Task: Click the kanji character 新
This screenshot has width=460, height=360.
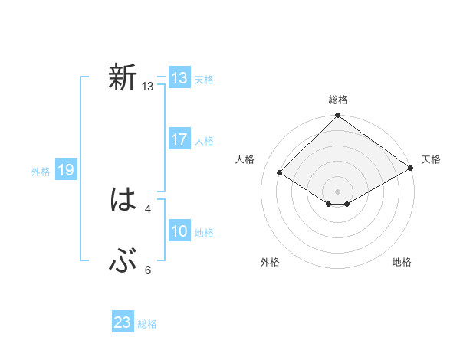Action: point(123,78)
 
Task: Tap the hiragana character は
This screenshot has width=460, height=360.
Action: point(123,201)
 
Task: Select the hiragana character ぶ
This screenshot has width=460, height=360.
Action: point(123,263)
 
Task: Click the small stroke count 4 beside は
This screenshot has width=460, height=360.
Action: point(147,208)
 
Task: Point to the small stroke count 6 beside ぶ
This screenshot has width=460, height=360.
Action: point(147,270)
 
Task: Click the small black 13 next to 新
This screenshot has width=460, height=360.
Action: point(147,87)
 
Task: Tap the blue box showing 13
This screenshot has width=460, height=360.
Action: point(179,78)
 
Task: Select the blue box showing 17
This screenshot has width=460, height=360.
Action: point(179,139)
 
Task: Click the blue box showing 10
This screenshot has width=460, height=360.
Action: point(179,232)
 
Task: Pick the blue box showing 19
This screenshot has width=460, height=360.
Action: point(66,170)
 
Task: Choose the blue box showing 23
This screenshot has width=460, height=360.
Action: point(123,322)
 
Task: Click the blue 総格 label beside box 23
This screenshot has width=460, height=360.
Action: point(147,324)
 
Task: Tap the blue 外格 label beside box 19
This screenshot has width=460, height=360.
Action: point(41,172)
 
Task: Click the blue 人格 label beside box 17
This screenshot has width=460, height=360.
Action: point(204,141)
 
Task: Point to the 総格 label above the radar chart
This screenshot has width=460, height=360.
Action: point(337,100)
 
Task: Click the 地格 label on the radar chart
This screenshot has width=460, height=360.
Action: point(402,263)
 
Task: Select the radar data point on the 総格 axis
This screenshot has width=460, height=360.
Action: point(337,116)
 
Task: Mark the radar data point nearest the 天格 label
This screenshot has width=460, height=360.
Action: point(411,169)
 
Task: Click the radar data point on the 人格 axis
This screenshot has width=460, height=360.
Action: point(280,173)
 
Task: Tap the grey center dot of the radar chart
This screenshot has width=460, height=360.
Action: point(337,191)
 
